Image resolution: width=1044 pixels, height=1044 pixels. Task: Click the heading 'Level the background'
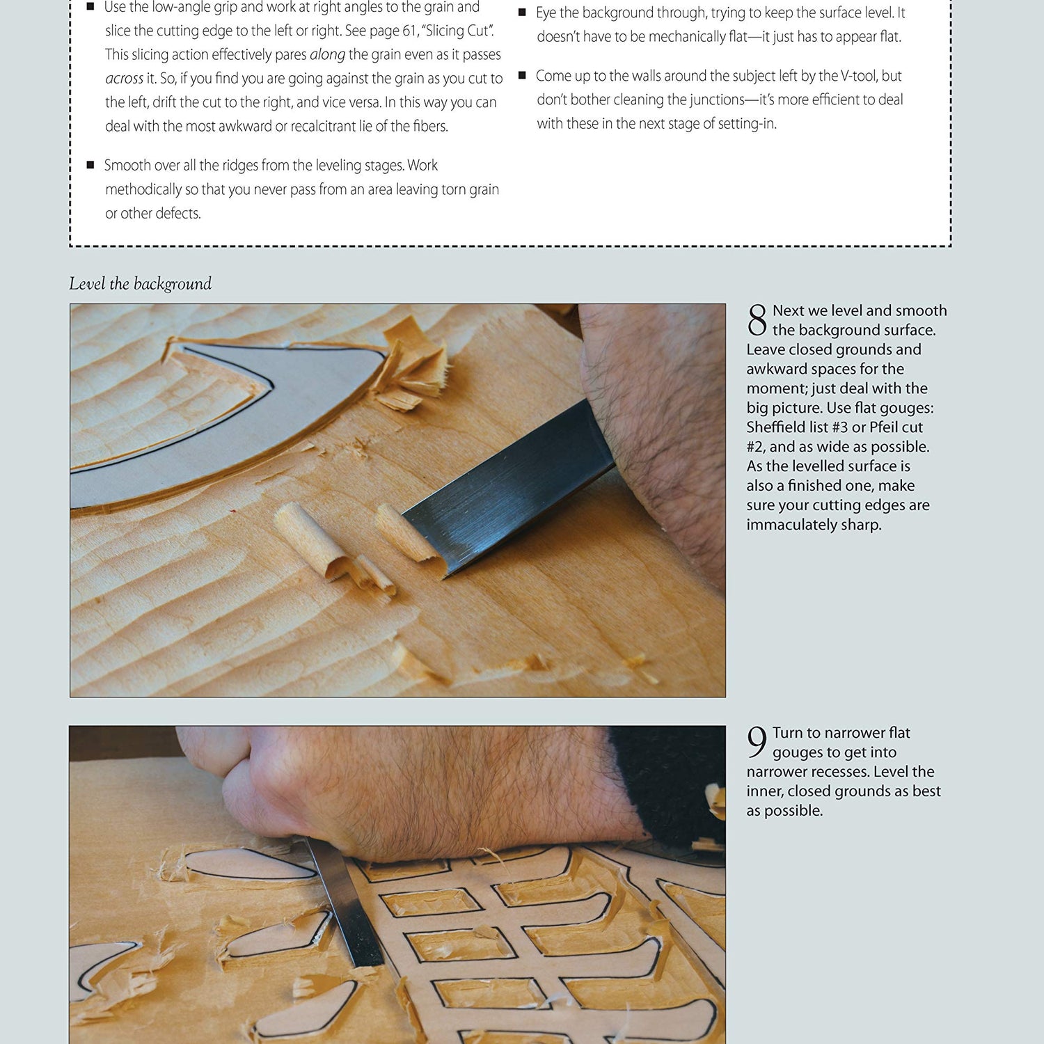(140, 284)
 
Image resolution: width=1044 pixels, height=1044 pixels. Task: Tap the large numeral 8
(757, 320)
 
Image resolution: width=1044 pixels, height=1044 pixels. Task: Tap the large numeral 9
(757, 742)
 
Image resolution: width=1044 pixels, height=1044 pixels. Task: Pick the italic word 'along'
(327, 54)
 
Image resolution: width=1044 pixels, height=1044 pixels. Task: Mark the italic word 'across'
(124, 79)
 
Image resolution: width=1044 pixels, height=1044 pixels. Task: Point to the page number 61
(409, 31)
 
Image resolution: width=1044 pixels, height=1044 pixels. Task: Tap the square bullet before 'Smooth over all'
(90, 165)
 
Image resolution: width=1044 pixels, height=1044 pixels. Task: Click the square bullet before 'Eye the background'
(522, 13)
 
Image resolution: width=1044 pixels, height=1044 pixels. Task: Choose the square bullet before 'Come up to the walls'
(522, 75)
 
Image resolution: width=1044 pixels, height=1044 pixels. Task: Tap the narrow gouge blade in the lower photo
(347, 905)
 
